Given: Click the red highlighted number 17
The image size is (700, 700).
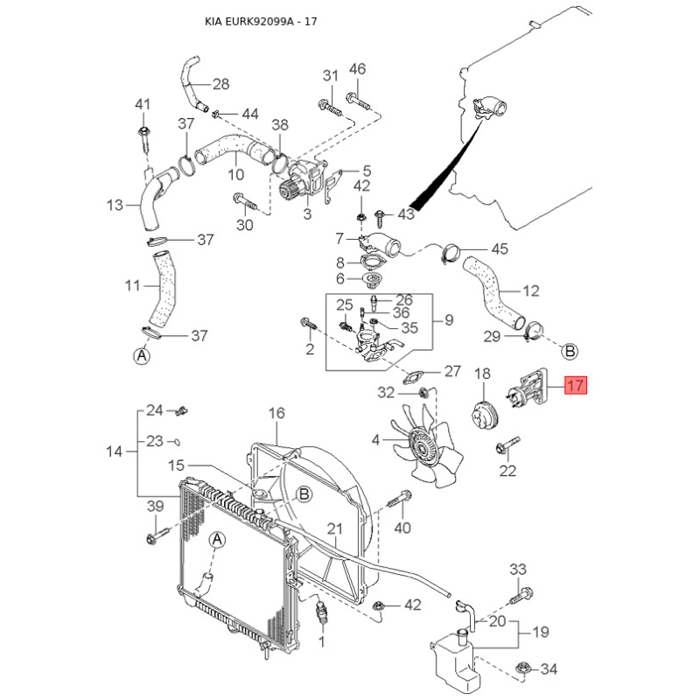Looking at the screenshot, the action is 576,385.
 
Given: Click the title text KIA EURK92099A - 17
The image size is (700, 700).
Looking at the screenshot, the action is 261,21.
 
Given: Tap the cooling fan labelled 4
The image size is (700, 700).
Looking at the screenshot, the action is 425,446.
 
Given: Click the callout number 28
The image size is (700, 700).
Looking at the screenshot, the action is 220,84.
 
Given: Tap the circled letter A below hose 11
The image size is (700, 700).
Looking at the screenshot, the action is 142,355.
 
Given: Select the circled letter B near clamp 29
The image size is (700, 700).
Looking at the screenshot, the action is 570,351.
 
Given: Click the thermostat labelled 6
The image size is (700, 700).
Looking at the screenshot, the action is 370,281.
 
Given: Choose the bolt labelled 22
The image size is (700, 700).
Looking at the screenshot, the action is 507,445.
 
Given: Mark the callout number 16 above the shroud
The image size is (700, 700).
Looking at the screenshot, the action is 276,413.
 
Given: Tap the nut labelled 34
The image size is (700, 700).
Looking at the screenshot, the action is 521,669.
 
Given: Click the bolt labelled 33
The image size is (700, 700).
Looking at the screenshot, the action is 522,596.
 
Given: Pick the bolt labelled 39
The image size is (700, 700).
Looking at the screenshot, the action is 157,535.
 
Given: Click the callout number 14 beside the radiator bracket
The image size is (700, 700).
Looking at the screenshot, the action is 115,451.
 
